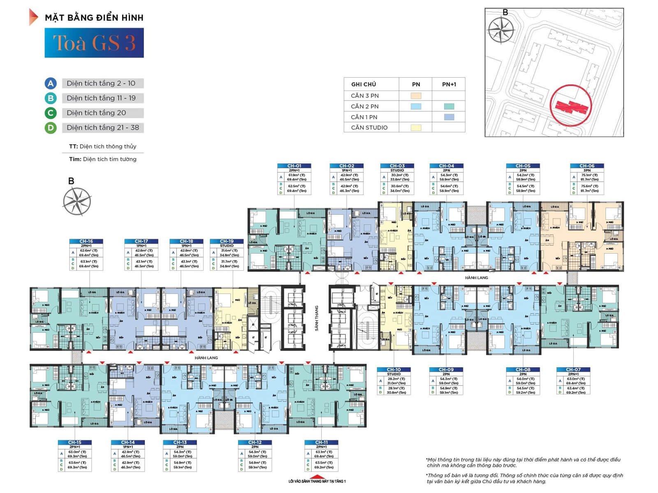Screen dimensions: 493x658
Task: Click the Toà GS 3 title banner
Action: click(94, 43)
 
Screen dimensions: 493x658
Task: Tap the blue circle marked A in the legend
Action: click(50, 83)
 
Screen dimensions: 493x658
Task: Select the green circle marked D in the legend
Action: click(50, 128)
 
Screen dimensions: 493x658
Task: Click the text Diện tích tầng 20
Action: click(96, 113)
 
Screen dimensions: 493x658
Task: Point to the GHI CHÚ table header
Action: click(364, 84)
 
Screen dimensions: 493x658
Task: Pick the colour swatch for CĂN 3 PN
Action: click(416, 96)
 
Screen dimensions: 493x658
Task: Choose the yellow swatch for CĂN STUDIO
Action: click(416, 128)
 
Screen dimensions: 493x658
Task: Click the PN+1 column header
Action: click(449, 84)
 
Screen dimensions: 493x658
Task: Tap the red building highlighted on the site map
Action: click(571, 106)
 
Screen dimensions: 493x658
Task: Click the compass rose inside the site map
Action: click(501, 30)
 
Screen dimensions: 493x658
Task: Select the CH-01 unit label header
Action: click(294, 166)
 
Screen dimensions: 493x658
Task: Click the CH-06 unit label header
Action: click(587, 166)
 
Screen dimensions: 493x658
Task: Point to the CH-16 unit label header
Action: click(86, 242)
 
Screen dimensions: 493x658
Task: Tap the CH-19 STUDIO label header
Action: click(227, 242)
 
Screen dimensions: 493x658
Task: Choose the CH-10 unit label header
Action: click(394, 370)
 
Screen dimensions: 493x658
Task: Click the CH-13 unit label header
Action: click(180, 442)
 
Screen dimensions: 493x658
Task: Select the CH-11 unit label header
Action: click(321, 442)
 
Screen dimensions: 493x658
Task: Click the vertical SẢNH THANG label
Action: click(317, 318)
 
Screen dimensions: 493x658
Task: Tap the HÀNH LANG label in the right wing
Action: click(476, 278)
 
